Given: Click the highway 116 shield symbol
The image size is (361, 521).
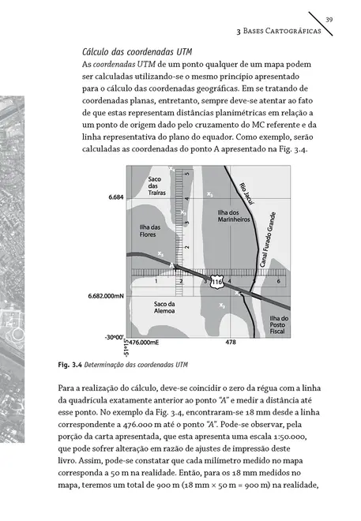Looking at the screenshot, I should point(217,281).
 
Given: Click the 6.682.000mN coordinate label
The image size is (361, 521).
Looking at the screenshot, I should point(105,296).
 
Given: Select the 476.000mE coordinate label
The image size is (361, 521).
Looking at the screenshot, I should point(144,343).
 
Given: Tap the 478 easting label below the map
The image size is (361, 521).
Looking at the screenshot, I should point(230,343).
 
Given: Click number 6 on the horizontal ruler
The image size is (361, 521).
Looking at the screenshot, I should point(278,282).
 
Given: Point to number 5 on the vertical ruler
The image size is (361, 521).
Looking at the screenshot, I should point(186,173).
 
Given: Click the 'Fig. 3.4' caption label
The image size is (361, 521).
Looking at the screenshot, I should point(70,365).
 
